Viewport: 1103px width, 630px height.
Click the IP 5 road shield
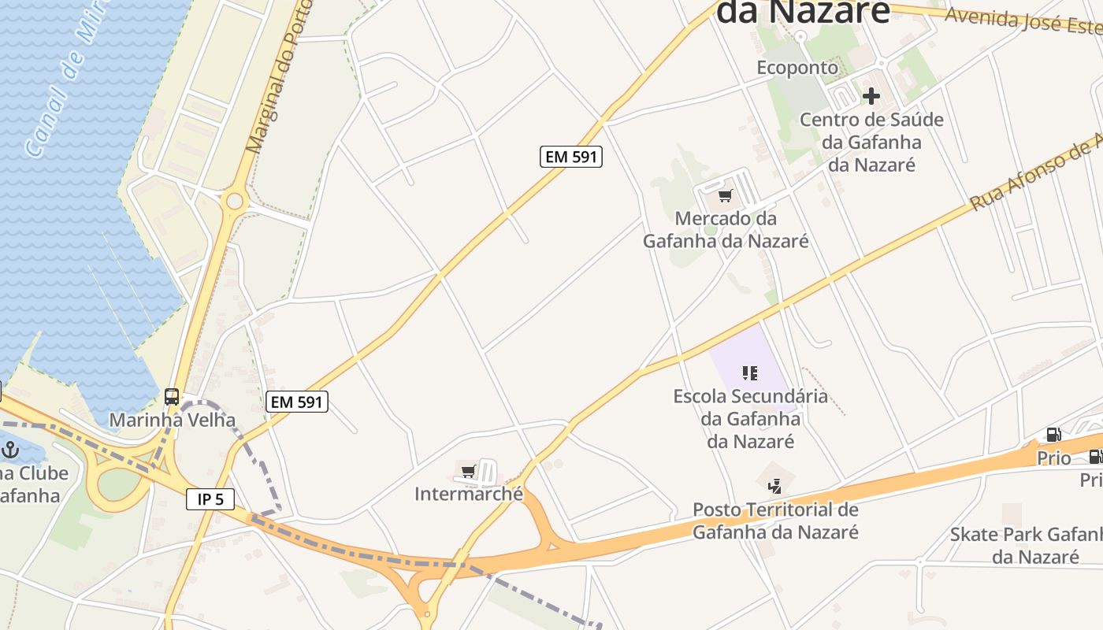pos(210,498)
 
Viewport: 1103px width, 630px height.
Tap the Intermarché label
pos(469,494)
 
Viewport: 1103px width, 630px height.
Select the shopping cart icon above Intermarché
pos(469,472)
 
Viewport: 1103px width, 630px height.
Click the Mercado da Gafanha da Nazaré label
pos(726,229)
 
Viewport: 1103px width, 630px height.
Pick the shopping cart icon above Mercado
pos(725,195)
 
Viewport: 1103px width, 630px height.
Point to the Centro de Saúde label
pos(871,142)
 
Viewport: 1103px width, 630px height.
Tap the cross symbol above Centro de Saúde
pos(871,96)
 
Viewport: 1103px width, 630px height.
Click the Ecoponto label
pos(797,68)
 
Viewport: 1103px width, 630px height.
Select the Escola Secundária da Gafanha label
pos(750,417)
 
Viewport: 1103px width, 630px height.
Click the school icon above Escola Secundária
pos(750,372)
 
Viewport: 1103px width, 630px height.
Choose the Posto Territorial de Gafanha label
pos(775,521)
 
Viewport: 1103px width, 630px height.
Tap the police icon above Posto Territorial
pos(775,486)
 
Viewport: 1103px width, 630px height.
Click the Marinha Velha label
pos(172,420)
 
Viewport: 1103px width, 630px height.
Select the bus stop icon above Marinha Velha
pos(172,397)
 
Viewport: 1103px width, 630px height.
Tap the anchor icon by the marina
pos(10,450)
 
